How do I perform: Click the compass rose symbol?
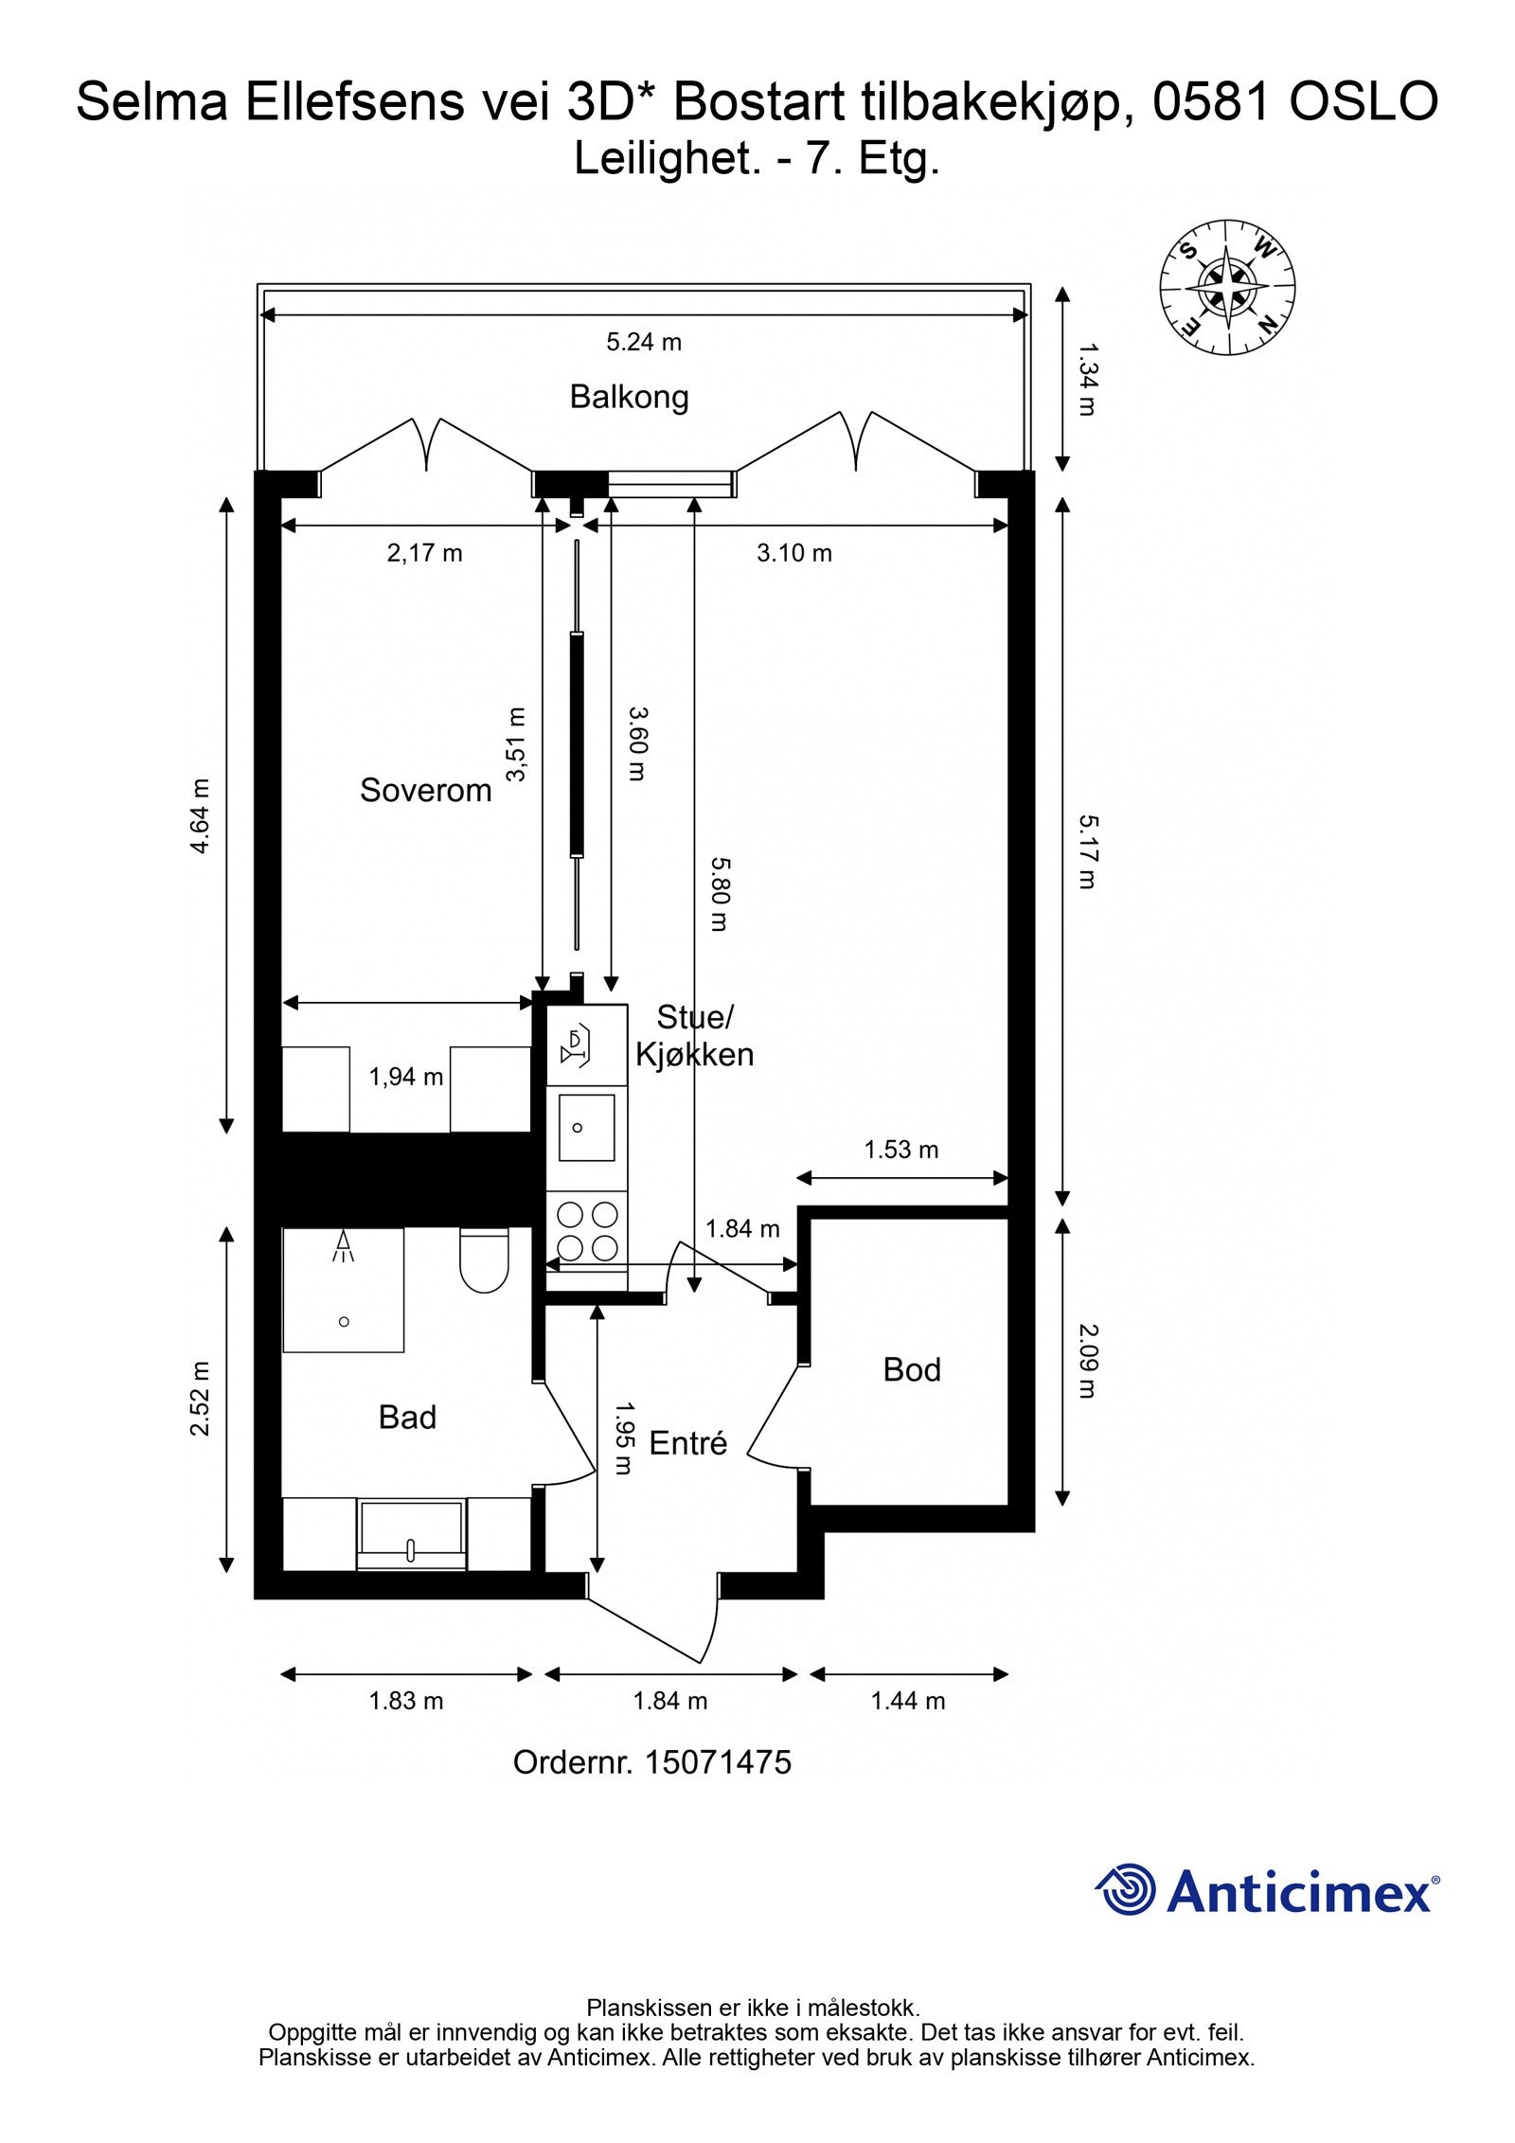tap(1227, 288)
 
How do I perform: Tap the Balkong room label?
tap(629, 397)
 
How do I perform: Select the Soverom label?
tap(425, 790)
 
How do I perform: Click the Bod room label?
tap(912, 1369)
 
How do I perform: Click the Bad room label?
tap(407, 1417)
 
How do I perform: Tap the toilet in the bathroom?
tap(484, 1260)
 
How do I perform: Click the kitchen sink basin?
tap(586, 1127)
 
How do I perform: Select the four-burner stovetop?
tap(587, 1231)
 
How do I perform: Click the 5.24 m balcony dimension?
tap(644, 342)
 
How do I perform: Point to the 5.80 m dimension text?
tap(720, 894)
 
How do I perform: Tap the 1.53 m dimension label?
tap(900, 1150)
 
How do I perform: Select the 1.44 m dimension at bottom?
tap(908, 1701)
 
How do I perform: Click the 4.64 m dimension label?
tap(200, 816)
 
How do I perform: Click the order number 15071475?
tap(718, 1762)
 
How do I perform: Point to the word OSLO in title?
tap(1364, 102)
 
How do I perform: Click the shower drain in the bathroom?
tap(344, 1321)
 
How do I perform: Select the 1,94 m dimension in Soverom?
tap(406, 1077)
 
